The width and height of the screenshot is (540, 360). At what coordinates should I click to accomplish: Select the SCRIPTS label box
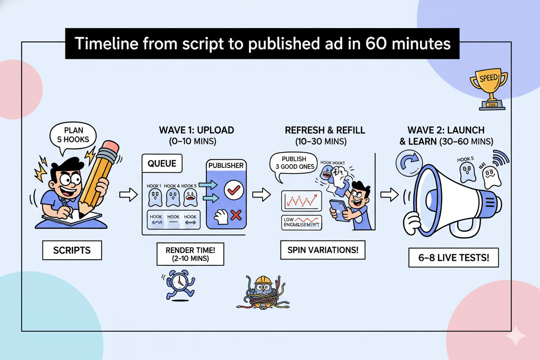[x=72, y=251]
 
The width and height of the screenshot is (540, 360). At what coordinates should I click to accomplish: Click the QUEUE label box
[x=162, y=164]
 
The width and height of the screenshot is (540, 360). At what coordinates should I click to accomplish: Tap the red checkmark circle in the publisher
[x=234, y=189]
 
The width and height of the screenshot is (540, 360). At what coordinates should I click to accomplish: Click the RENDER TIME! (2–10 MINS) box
[x=190, y=254]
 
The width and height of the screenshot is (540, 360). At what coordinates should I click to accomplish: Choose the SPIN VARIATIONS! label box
[x=323, y=250]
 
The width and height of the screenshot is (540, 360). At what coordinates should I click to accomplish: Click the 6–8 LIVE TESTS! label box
[x=453, y=258]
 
